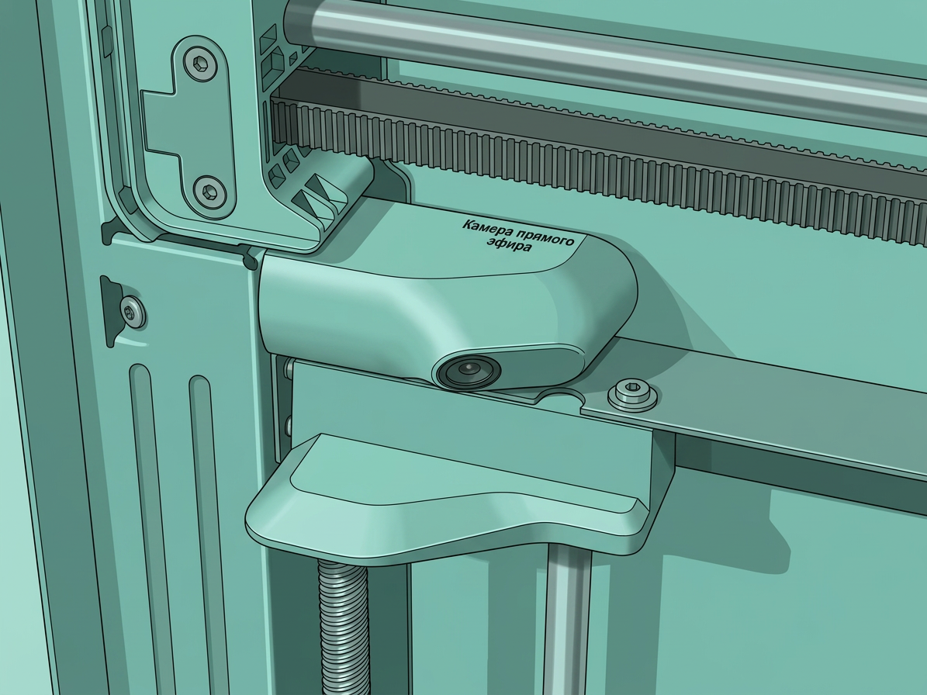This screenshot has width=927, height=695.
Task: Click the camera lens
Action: pos(469,371)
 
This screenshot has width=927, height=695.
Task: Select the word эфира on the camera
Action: pos(509,244)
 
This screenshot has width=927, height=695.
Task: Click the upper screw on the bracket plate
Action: pos(200,63)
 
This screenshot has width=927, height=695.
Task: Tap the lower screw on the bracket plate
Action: pos(210,192)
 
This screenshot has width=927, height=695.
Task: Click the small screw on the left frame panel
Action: pos(133,311)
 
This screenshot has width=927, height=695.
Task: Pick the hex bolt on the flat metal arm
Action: pos(632,394)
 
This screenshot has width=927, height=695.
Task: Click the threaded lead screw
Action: pos(344,627)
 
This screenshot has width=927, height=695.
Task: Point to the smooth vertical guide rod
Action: pos(568,621)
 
